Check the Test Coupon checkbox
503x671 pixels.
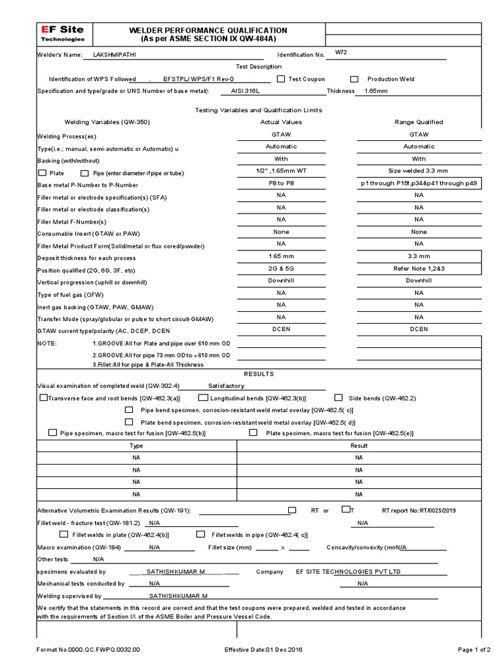click(x=281, y=79)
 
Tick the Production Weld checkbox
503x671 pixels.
click(x=354, y=79)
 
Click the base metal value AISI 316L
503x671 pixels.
click(x=246, y=91)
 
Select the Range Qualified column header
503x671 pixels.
click(x=419, y=122)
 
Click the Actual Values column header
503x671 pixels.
click(x=280, y=122)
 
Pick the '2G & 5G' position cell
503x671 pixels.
click(x=280, y=269)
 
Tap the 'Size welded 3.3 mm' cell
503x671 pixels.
click(x=419, y=170)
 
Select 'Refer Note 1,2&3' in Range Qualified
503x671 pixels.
click(x=419, y=269)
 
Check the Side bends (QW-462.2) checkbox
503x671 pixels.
click(x=339, y=397)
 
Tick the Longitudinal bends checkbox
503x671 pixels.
click(x=204, y=397)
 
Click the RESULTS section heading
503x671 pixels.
click(x=259, y=374)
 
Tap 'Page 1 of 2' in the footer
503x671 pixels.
click(x=473, y=649)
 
